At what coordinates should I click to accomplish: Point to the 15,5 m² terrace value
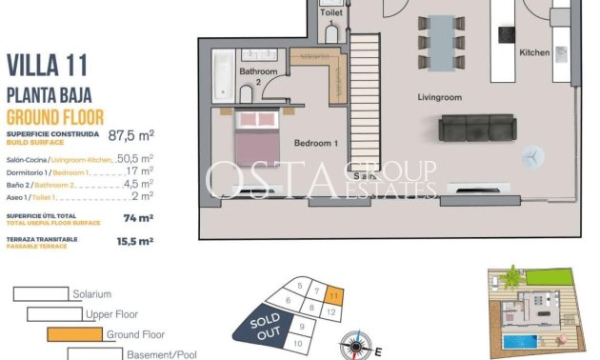[x=134, y=242]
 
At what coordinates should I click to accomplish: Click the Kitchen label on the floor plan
[x=534, y=53]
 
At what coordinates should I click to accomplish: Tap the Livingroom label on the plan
[x=439, y=97]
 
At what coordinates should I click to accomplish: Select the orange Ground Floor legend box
[x=73, y=334]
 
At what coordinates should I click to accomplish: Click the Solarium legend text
[x=92, y=294]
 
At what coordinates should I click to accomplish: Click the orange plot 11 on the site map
[x=330, y=294]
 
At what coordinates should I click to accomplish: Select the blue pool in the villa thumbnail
[x=524, y=340]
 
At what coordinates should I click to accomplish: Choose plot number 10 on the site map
[x=300, y=342]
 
